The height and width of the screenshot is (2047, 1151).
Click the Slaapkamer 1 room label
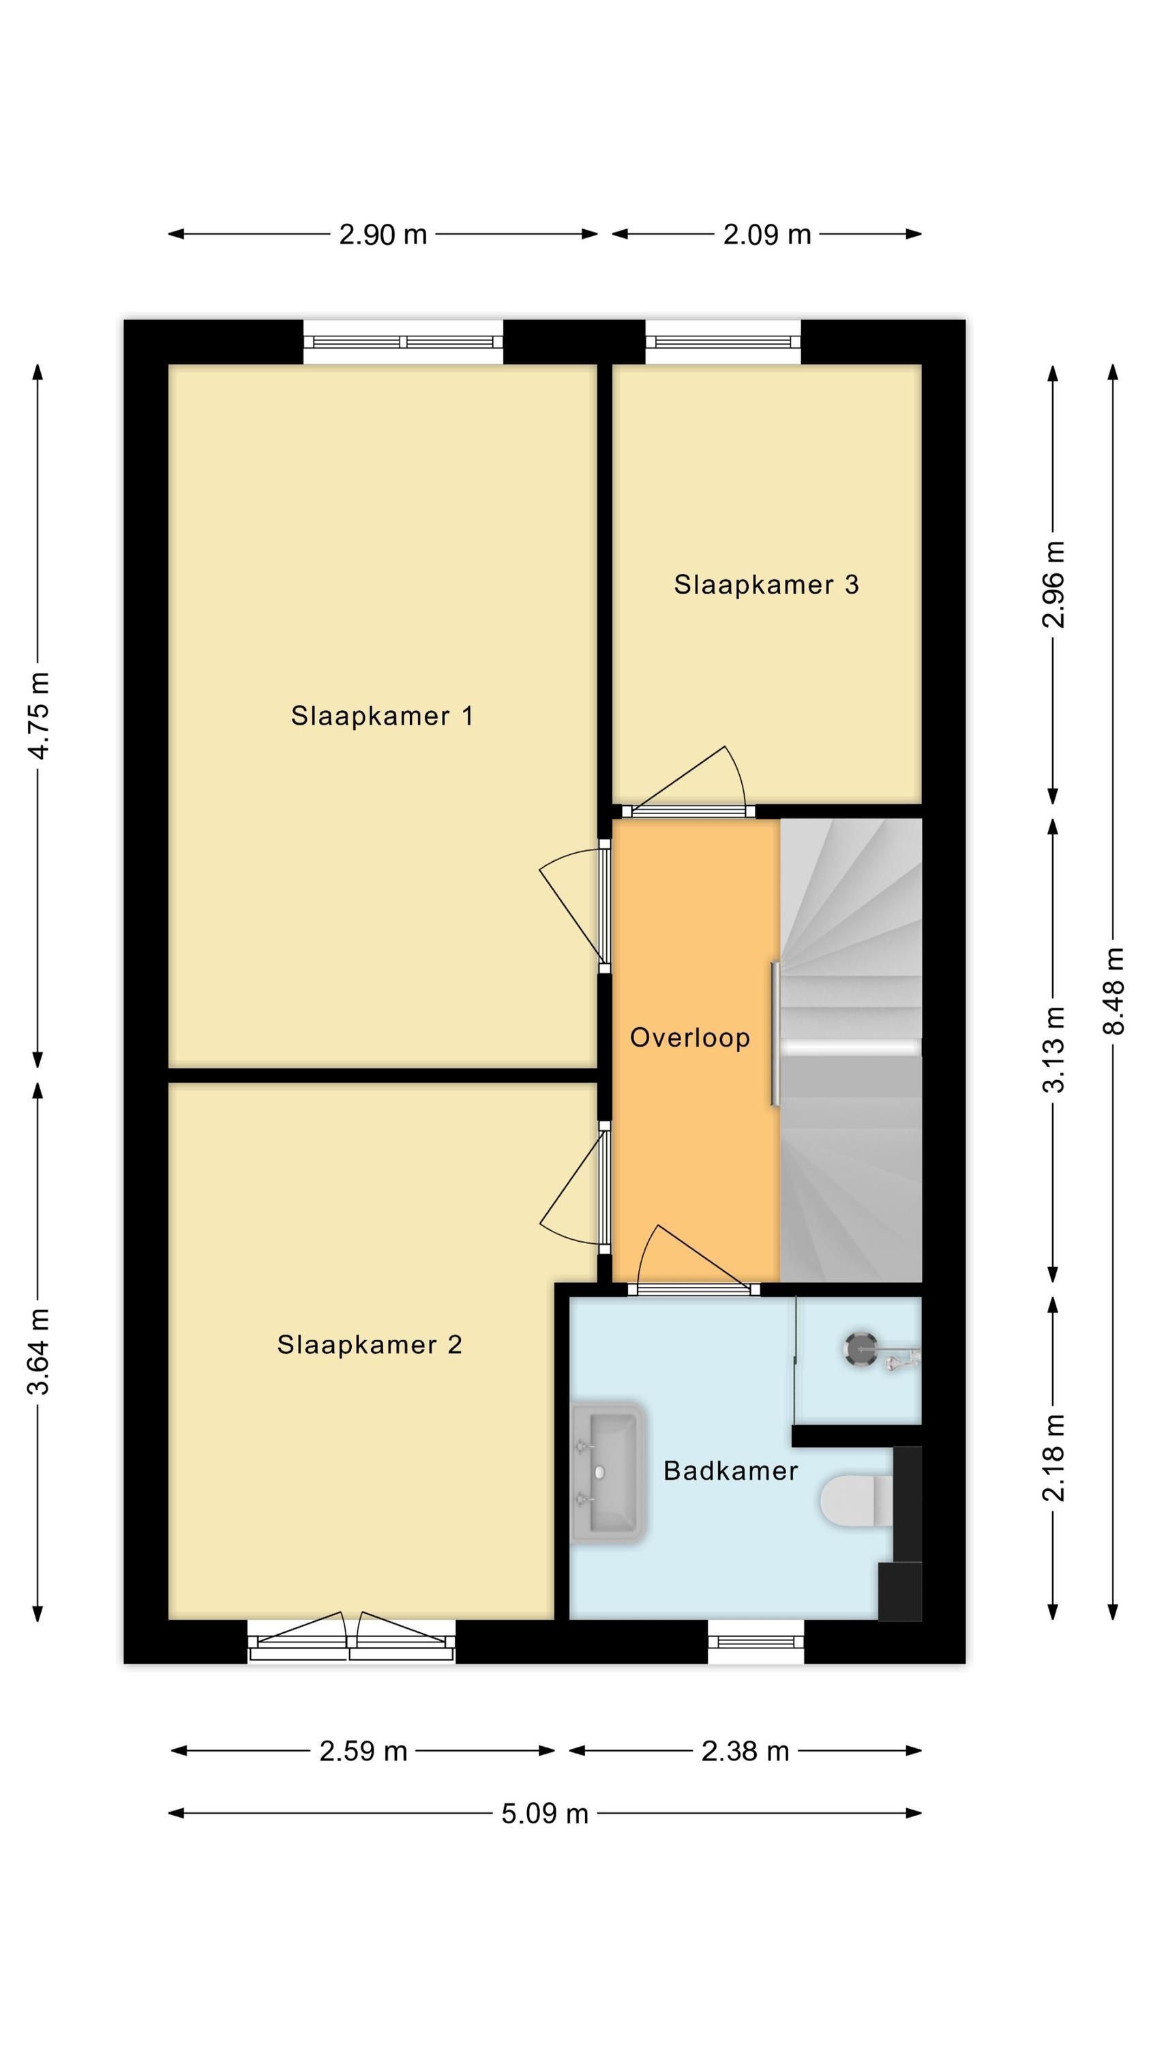[381, 715]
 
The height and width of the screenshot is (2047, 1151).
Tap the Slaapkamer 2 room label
[370, 1344]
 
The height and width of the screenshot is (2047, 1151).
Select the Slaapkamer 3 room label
[766, 584]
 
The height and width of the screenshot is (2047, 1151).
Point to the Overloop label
[689, 1037]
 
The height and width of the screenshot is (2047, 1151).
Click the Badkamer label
[730, 1470]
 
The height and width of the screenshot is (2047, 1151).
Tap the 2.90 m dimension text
[383, 235]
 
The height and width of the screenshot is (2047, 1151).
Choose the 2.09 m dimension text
[766, 235]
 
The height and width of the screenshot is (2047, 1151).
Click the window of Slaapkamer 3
[723, 342]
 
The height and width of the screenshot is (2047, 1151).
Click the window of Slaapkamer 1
[403, 342]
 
